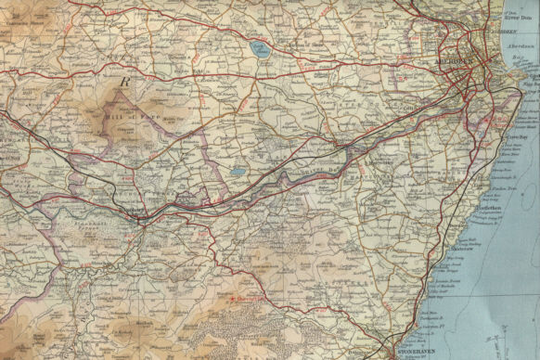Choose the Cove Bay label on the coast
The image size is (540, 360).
point(515,136)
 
